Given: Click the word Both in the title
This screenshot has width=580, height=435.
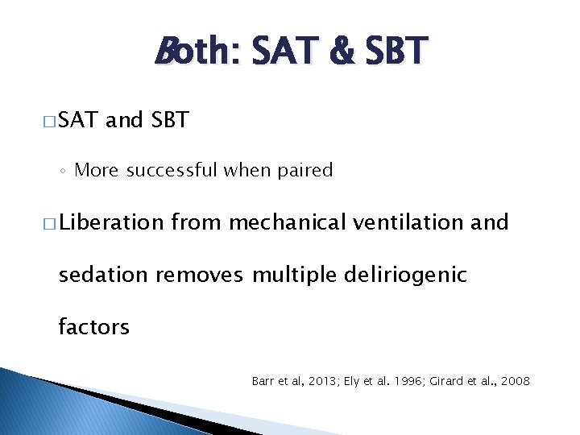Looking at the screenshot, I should pos(193,52).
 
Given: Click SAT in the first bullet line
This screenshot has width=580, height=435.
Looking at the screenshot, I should pos(78,121).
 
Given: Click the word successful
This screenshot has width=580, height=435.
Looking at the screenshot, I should pos(168,170).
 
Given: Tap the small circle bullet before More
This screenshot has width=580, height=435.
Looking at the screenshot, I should pos(63,171).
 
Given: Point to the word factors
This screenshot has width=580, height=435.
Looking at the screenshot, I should pos(93,327).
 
